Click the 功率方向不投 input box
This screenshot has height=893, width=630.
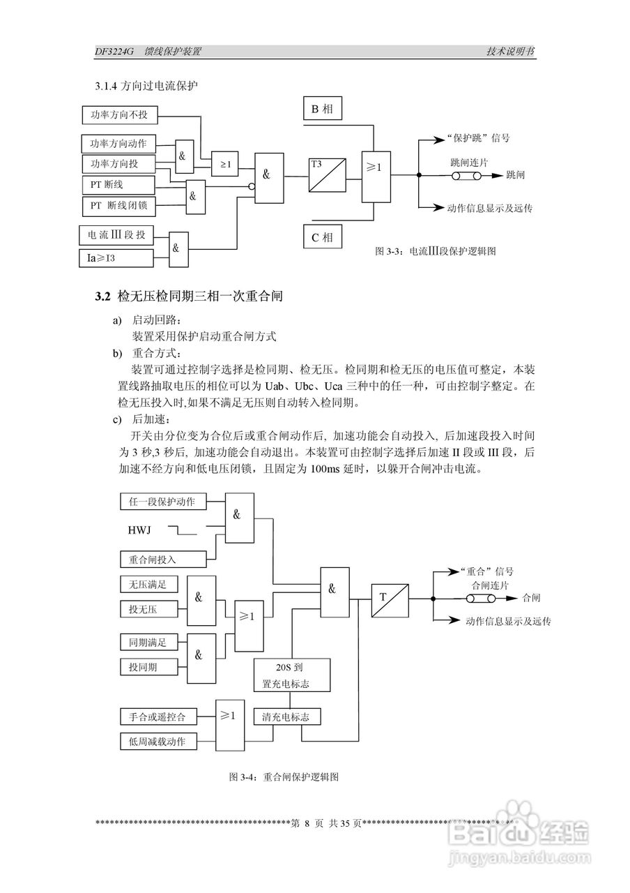pyautogui.click(x=119, y=114)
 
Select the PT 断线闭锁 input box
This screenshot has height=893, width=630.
pyautogui.click(x=119, y=206)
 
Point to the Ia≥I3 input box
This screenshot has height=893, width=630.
pyautogui.click(x=115, y=258)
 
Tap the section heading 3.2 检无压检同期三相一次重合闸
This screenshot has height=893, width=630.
pyautogui.click(x=189, y=297)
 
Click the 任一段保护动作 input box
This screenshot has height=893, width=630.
pyautogui.click(x=162, y=502)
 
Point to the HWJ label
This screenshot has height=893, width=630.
pyautogui.click(x=140, y=530)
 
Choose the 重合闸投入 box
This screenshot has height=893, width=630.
pyautogui.click(x=162, y=559)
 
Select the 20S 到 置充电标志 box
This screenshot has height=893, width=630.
pyautogui.click(x=291, y=675)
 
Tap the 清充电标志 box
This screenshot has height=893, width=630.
pyautogui.click(x=286, y=716)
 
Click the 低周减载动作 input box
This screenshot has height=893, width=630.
pyautogui.click(x=157, y=741)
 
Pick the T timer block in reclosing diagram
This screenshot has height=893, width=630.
pyautogui.click(x=389, y=599)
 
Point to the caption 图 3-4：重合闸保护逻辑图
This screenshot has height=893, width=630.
pyautogui.click(x=284, y=776)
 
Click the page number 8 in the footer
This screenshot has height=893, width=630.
pyautogui.click(x=306, y=823)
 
